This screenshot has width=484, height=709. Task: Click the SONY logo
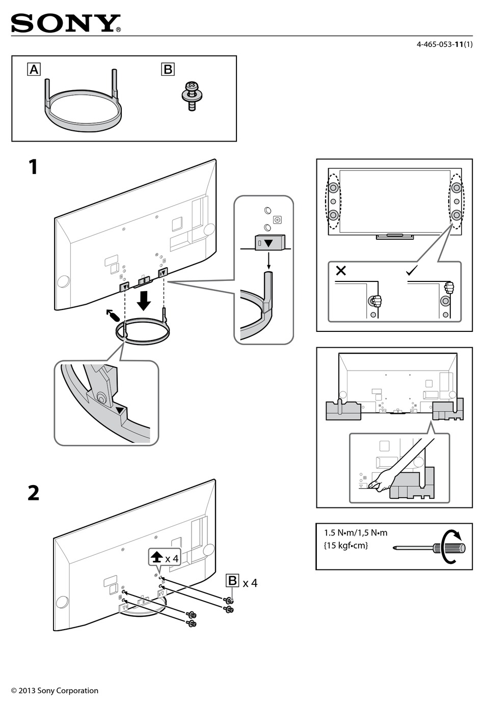click(x=66, y=23)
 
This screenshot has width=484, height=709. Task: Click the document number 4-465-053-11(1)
click(x=444, y=44)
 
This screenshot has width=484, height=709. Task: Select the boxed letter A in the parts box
click(x=34, y=69)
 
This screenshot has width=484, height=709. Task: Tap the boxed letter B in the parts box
click(x=168, y=69)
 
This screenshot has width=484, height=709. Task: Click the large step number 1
click(x=33, y=167)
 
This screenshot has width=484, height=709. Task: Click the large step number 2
click(x=33, y=493)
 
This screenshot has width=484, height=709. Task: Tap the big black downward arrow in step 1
click(x=144, y=300)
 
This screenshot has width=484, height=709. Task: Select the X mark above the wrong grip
click(x=341, y=271)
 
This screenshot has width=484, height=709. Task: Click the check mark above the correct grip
click(x=412, y=271)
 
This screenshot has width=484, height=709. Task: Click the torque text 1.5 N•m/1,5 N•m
click(x=356, y=533)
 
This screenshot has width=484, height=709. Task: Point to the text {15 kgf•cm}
click(x=345, y=546)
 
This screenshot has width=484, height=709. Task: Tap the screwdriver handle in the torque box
click(x=449, y=548)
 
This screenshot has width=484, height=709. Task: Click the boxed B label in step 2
click(x=232, y=581)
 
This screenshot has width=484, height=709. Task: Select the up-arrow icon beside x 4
click(x=156, y=558)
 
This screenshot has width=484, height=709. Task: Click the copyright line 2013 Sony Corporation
click(x=55, y=691)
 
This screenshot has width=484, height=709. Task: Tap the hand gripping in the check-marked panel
click(x=448, y=288)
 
